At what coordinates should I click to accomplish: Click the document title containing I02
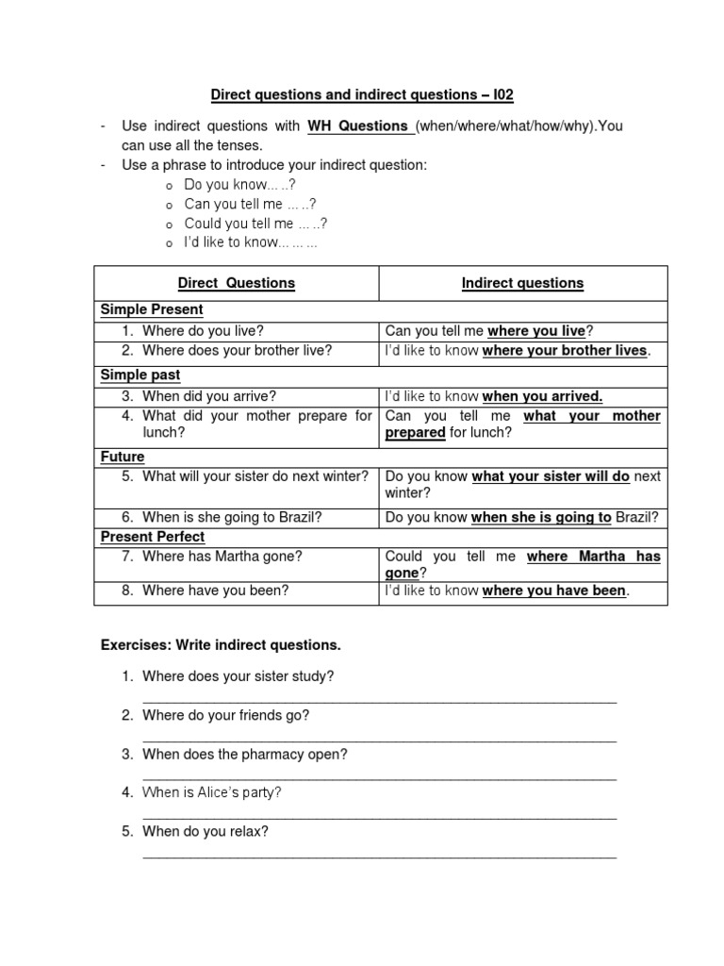(x=362, y=95)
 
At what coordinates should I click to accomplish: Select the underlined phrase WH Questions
(x=356, y=126)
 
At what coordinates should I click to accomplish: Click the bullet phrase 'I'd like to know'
(x=251, y=242)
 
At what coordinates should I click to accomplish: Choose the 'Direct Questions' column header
(x=237, y=283)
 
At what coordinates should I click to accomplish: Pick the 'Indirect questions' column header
(x=522, y=283)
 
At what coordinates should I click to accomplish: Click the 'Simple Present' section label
(x=152, y=309)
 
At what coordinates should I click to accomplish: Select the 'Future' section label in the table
(x=123, y=457)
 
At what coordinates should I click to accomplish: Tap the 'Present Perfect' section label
(x=152, y=537)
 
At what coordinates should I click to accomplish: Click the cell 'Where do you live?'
(x=203, y=331)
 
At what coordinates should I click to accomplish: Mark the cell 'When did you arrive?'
(x=209, y=396)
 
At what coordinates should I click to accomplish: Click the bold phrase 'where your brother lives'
(x=565, y=351)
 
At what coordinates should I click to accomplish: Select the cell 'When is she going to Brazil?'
(x=233, y=517)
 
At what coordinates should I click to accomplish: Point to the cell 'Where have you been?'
(x=215, y=591)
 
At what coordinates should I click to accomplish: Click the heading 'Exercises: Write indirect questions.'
(x=221, y=646)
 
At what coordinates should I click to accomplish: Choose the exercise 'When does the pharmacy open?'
(x=244, y=754)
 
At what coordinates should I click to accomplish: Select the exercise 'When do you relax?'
(x=205, y=831)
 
